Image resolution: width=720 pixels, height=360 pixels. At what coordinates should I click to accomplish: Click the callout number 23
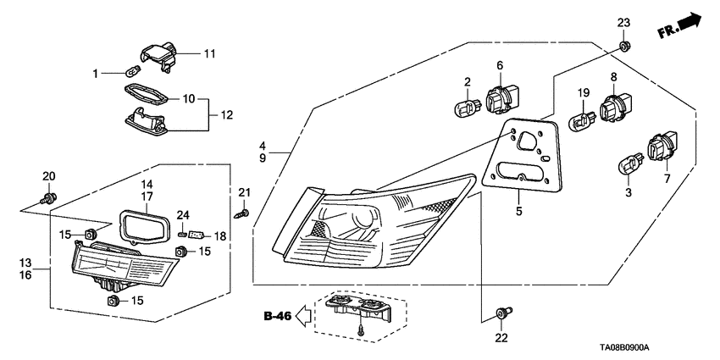[623, 22]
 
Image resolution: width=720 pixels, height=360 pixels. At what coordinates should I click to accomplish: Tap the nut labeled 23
[623, 46]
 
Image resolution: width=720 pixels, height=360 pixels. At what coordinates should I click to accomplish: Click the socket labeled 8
[618, 107]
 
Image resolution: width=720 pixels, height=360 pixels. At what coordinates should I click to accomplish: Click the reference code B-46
[277, 318]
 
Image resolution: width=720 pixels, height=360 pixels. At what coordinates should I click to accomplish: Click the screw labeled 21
[242, 213]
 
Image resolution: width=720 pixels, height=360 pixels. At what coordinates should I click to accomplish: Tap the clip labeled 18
[196, 234]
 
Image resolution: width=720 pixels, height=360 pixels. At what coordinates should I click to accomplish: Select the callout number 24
[182, 214]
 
